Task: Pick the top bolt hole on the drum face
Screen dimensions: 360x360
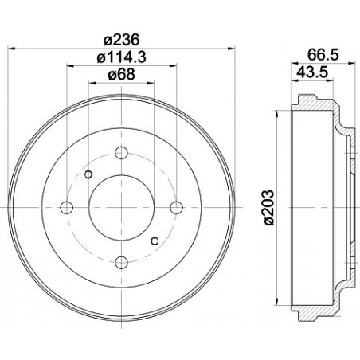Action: tap(122, 155)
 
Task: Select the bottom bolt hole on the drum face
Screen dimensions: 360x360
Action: tap(122, 258)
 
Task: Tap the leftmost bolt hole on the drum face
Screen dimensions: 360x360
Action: tap(69, 206)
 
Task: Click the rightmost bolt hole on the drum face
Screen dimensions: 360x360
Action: tap(174, 206)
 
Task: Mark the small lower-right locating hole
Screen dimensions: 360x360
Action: tap(155, 238)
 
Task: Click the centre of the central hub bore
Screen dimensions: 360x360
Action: tap(122, 206)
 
